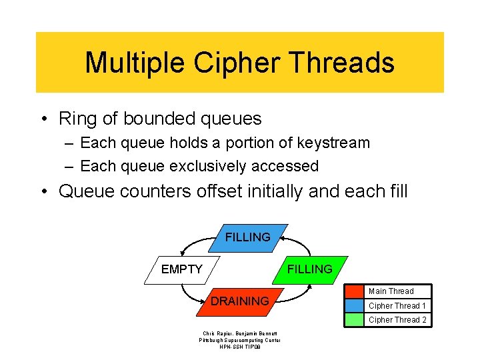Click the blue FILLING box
click(248, 237)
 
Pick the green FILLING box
click(309, 269)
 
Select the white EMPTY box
click(182, 269)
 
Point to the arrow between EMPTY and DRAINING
click(188, 295)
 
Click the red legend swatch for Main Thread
click(354, 291)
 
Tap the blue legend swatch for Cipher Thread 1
click(354, 305)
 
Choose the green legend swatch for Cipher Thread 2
click(354, 320)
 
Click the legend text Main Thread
click(391, 291)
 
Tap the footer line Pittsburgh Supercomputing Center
click(240, 340)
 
